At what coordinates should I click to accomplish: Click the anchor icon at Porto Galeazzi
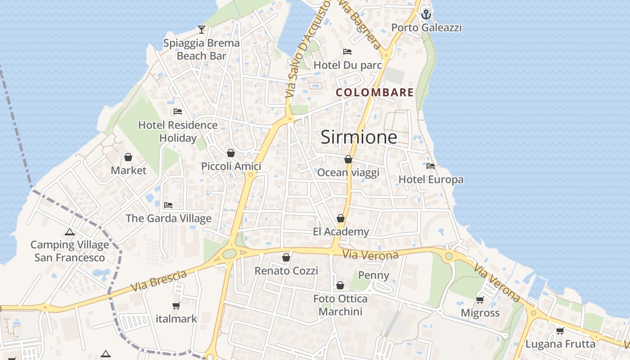pos(426,14)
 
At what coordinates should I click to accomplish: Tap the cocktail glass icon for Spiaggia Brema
pos(202,30)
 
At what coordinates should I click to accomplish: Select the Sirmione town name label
pos(359,137)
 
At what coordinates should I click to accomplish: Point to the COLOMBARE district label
pos(375,93)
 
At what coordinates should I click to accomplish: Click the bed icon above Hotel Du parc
pos(347,52)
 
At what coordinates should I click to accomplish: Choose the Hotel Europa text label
pos(431,180)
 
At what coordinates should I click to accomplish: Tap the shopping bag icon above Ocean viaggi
pos(348,159)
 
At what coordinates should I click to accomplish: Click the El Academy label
pos(341,232)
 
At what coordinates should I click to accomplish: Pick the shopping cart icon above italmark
pos(176,306)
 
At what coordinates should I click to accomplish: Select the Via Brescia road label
pos(159,280)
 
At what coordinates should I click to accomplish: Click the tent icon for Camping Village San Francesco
pos(69,232)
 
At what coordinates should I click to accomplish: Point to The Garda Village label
pos(168,219)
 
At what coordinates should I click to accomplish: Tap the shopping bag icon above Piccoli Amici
pos(231,153)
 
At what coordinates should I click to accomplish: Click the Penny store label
pos(374,275)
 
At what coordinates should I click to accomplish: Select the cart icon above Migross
pos(480,300)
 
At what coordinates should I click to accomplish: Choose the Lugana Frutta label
pos(560,344)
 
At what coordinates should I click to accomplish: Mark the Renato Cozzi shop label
pos(286,271)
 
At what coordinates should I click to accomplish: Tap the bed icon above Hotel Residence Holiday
pos(178,112)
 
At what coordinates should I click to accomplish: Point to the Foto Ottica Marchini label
pos(340,305)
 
